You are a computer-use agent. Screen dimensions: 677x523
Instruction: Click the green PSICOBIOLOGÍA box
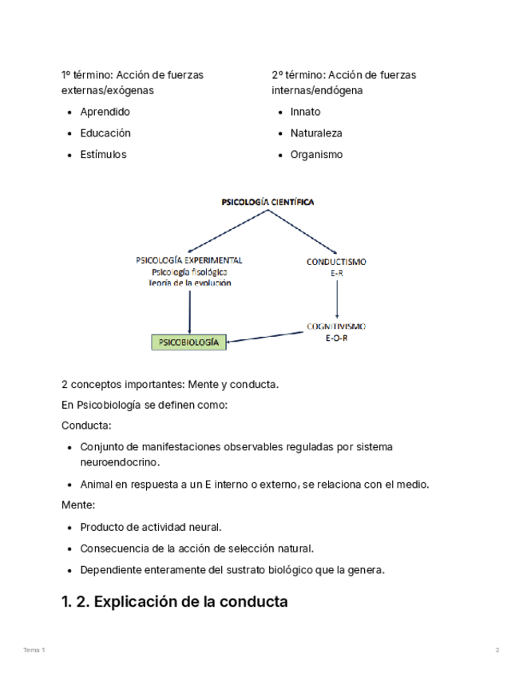pyautogui.click(x=189, y=342)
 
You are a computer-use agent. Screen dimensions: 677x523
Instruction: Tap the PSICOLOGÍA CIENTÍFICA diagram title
pyautogui.click(x=267, y=203)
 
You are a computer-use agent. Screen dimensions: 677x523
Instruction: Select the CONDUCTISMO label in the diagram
pyautogui.click(x=336, y=261)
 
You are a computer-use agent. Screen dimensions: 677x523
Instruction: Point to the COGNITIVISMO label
pyautogui.click(x=336, y=327)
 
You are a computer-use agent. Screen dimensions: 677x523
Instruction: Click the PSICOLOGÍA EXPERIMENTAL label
pyautogui.click(x=189, y=260)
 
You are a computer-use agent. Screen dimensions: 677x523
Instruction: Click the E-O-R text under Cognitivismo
pyautogui.click(x=336, y=338)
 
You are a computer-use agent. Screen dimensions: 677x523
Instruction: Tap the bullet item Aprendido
pyautogui.click(x=105, y=112)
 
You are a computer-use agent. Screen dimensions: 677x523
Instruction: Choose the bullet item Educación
pyautogui.click(x=105, y=133)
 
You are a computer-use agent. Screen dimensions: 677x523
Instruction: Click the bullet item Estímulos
pyautogui.click(x=103, y=155)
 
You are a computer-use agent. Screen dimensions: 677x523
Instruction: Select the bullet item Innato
pyautogui.click(x=305, y=112)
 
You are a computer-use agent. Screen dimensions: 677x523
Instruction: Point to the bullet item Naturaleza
pyautogui.click(x=316, y=133)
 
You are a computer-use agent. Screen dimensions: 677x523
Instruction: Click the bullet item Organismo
pyautogui.click(x=316, y=155)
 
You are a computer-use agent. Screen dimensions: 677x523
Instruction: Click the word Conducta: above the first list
pyautogui.click(x=86, y=426)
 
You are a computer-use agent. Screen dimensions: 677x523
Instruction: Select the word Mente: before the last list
pyautogui.click(x=78, y=505)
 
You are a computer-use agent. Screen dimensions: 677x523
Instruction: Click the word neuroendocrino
pyautogui.click(x=120, y=462)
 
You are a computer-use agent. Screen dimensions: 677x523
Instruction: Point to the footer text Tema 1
pyautogui.click(x=34, y=651)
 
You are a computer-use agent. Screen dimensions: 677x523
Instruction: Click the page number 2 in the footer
pyautogui.click(x=497, y=651)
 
